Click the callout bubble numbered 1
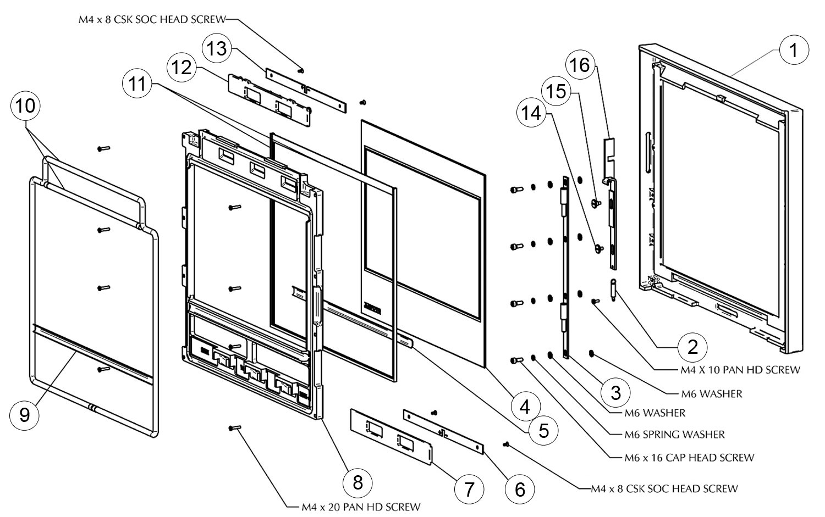pyautogui.click(x=793, y=50)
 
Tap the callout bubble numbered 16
pyautogui.click(x=580, y=65)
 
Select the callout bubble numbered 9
pyautogui.click(x=25, y=415)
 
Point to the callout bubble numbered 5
pyautogui.click(x=543, y=430)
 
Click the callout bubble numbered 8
pyautogui.click(x=358, y=482)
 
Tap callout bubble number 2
pyautogui.click(x=692, y=346)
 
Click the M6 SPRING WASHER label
pyautogui.click(x=674, y=434)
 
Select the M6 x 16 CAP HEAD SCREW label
pyautogui.click(x=689, y=457)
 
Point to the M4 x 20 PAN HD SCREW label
pyautogui.click(x=361, y=507)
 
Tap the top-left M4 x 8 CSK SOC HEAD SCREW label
pyautogui.click(x=152, y=20)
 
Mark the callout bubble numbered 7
pyautogui.click(x=469, y=489)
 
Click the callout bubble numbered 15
pyautogui.click(x=557, y=91)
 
